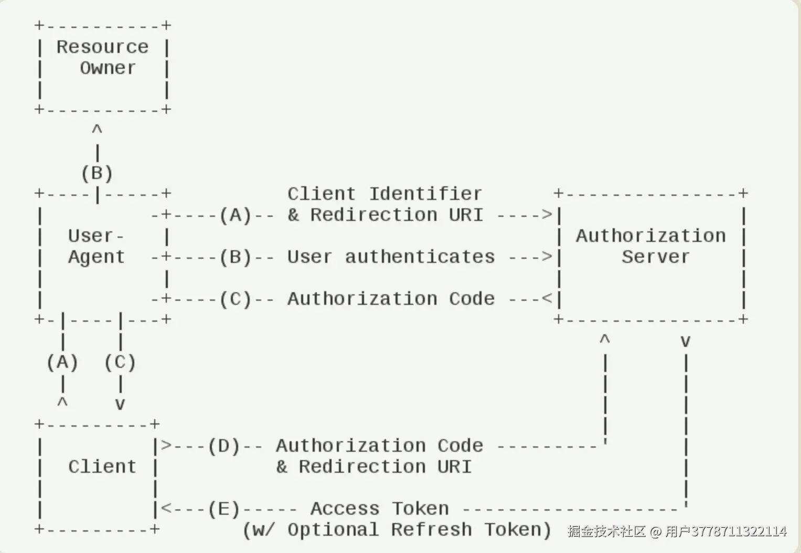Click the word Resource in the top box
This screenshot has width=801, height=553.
[x=103, y=47]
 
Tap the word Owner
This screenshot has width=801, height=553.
[x=108, y=68]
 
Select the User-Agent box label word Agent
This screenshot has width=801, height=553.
[x=97, y=258]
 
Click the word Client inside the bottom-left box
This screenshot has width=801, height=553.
[x=103, y=467]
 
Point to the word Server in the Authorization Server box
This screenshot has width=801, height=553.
[x=656, y=257]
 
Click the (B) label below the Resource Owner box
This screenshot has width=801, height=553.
[x=97, y=174]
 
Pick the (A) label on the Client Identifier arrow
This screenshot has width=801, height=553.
[x=236, y=215]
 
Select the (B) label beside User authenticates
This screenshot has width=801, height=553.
[x=236, y=257]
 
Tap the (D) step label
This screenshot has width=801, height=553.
[x=224, y=446]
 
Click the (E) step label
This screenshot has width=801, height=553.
[x=224, y=509]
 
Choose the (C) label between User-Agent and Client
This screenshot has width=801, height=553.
[x=120, y=363]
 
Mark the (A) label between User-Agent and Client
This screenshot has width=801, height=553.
[x=62, y=363]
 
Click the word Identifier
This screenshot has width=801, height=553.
[x=426, y=194]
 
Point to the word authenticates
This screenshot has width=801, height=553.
[x=420, y=257]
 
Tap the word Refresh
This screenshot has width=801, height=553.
[x=432, y=529]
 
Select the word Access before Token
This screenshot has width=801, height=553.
[x=345, y=508]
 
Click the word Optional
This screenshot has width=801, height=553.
[x=333, y=530]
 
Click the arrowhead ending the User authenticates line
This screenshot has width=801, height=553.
[x=548, y=257]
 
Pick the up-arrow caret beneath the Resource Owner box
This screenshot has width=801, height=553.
[x=97, y=128]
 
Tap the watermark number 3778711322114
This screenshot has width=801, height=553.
[x=739, y=531]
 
